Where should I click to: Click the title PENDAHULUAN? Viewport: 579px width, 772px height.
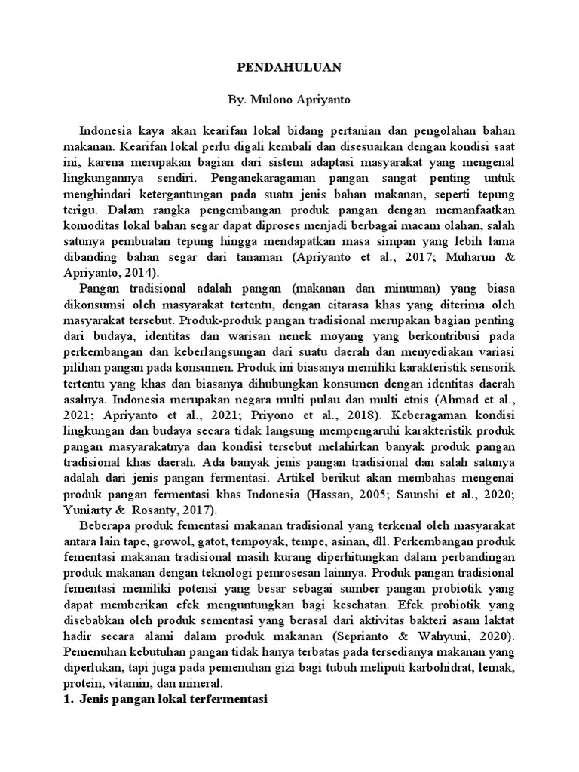tap(290, 68)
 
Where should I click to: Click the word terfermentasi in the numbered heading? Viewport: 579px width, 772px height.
tap(222, 699)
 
